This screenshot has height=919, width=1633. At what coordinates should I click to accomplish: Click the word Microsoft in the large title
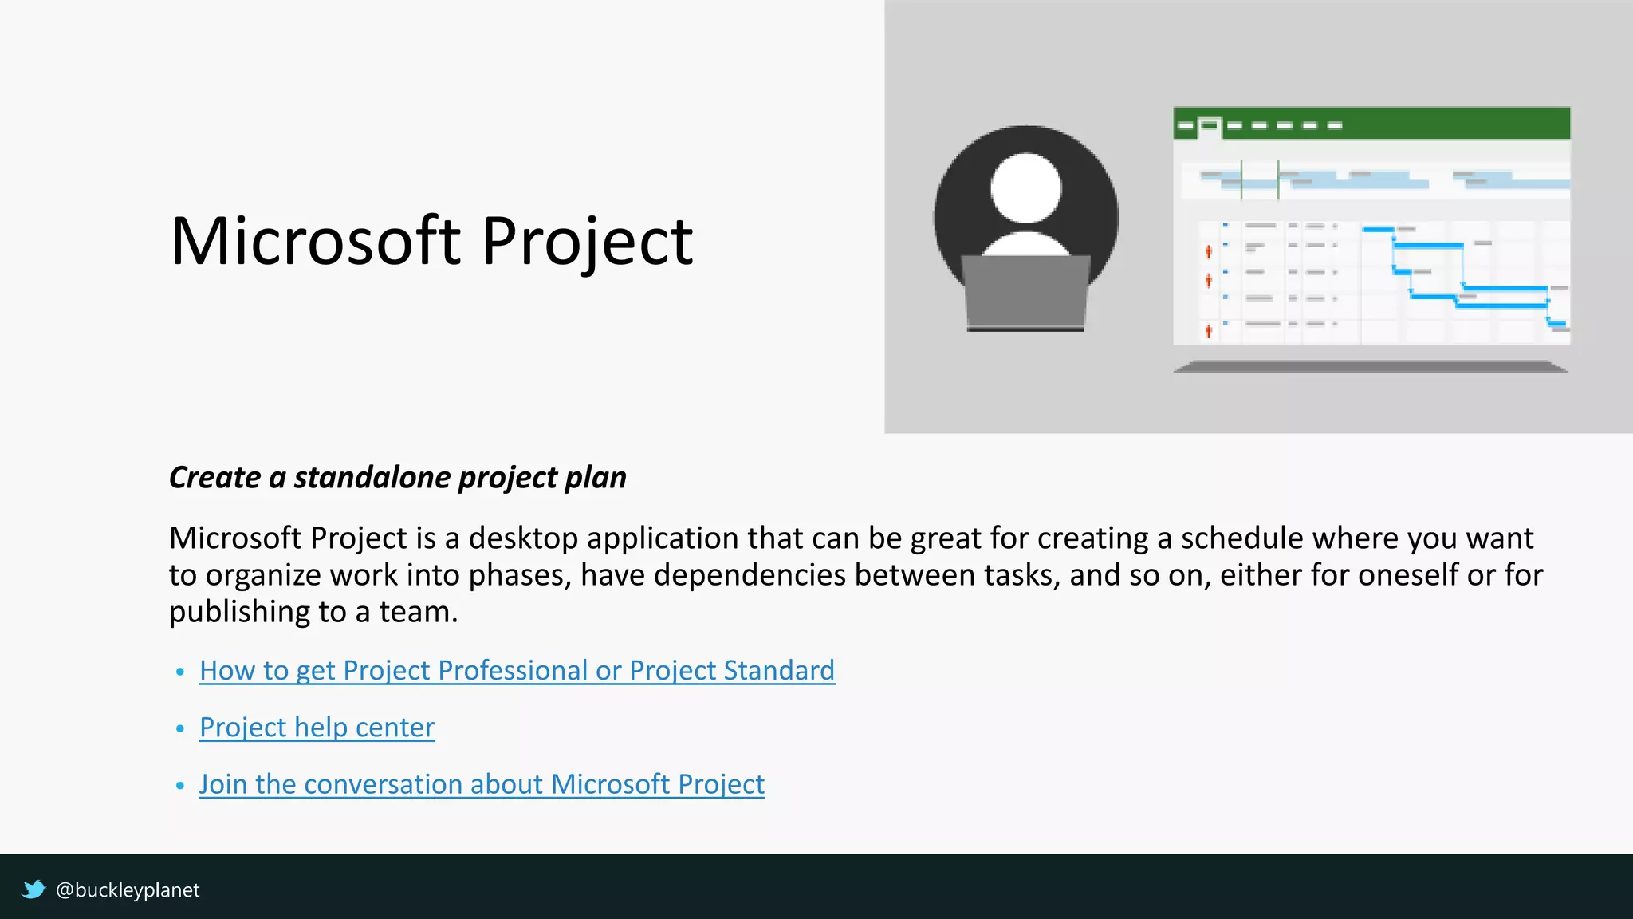click(x=315, y=241)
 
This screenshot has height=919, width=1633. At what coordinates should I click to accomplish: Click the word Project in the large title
click(x=587, y=241)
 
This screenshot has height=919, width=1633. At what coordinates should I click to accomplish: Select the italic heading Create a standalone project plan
click(x=397, y=477)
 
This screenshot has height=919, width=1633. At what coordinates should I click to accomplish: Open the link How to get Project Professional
click(x=517, y=670)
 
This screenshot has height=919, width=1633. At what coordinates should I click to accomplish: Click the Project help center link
click(x=317, y=727)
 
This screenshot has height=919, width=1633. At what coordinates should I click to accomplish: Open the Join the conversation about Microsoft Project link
click(x=482, y=783)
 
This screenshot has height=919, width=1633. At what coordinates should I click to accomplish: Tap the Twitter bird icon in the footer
click(x=33, y=889)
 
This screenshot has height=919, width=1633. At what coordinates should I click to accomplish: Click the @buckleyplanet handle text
click(x=128, y=889)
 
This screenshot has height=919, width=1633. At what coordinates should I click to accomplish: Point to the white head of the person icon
click(x=1025, y=188)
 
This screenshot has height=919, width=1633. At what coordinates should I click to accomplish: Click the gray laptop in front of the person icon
click(x=1025, y=292)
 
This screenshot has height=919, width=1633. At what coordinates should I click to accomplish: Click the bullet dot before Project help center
click(x=180, y=728)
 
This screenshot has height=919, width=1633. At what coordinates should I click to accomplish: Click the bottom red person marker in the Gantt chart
click(x=1208, y=330)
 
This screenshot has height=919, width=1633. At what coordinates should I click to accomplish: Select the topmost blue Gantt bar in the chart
click(x=1378, y=230)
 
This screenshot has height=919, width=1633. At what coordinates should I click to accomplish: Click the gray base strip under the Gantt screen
click(x=1370, y=366)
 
